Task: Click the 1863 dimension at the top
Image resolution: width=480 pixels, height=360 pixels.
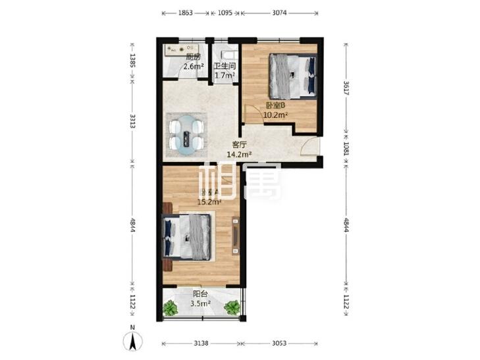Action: [184, 13]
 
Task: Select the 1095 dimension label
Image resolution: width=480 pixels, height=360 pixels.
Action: [225, 13]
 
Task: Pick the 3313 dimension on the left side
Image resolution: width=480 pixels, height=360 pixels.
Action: [132, 121]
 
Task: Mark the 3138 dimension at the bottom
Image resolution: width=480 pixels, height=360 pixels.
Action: [200, 344]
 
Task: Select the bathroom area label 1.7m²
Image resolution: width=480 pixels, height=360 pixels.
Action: [225, 75]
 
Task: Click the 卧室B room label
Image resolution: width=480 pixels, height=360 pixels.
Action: [275, 105]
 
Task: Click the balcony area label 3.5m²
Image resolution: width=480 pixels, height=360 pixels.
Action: [201, 303]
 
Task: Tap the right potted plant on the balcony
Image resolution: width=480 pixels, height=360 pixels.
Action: [233, 307]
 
